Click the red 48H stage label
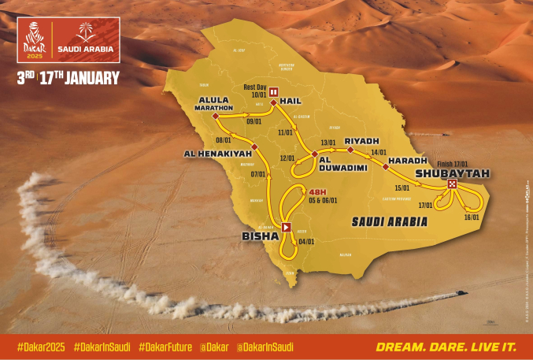316,191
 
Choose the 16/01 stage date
472,217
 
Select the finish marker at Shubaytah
452,184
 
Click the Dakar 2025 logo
35,40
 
